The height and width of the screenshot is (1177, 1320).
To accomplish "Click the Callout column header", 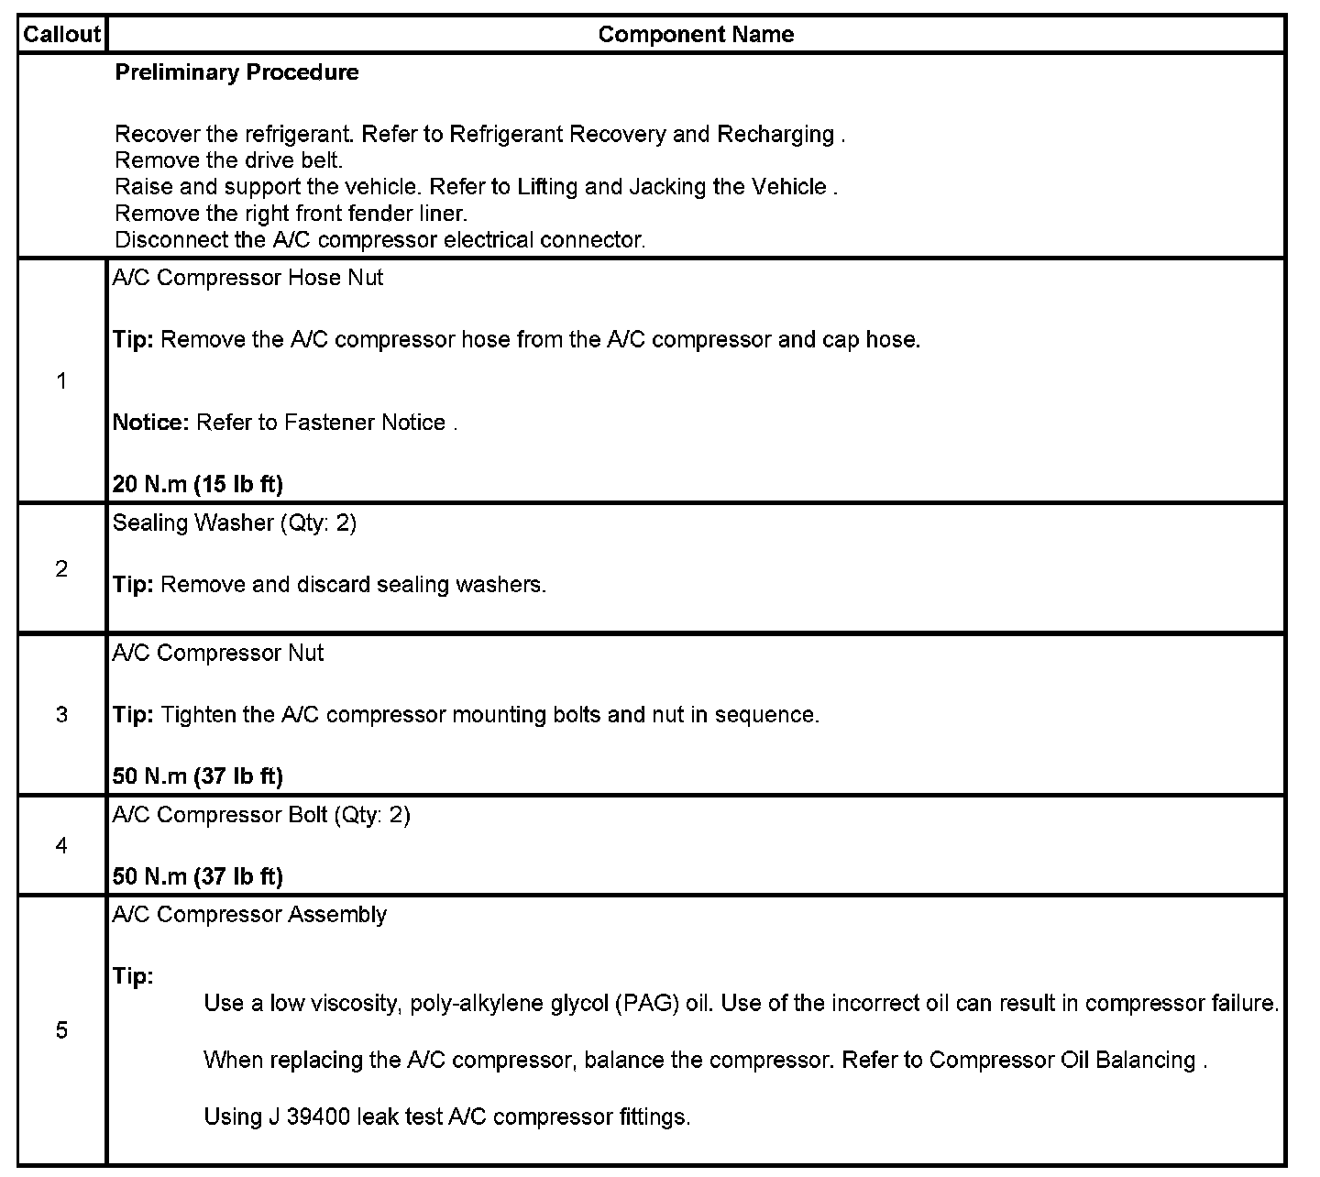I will (x=61, y=35).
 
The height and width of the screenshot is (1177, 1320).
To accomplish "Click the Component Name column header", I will (x=696, y=35).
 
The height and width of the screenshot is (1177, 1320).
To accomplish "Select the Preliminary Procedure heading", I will (x=236, y=72).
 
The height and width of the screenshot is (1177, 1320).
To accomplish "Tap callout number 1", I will (x=61, y=381).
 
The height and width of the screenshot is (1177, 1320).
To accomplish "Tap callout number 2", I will (x=61, y=569).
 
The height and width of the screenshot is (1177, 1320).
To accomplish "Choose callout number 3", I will (x=61, y=714).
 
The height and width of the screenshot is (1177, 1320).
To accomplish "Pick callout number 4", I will (x=61, y=845).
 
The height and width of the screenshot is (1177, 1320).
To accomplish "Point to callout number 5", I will (x=61, y=1030).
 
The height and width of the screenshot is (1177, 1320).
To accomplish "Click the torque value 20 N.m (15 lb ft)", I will (x=197, y=484).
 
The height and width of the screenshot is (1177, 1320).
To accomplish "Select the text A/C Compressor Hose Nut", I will (x=247, y=278).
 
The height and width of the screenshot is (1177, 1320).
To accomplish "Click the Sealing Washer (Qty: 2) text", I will (x=234, y=522).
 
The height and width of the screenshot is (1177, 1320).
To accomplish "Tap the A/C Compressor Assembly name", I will (x=249, y=915).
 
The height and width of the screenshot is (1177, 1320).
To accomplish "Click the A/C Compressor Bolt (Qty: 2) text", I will (x=261, y=815).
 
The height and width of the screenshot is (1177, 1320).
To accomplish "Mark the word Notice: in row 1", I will (x=150, y=423).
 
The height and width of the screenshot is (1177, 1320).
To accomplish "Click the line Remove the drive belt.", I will (x=228, y=160).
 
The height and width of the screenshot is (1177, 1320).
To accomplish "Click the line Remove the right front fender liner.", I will (x=291, y=214).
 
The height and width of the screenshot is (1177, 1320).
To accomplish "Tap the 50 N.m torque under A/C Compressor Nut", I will (x=197, y=776).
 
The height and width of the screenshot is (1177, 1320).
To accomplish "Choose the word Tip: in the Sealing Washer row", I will (x=133, y=585).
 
